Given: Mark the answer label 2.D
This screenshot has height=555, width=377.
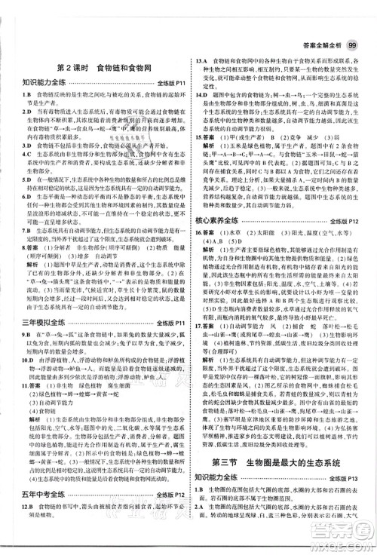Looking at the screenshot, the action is [x=14, y=112].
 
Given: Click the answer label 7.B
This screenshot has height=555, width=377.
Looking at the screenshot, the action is [x=14, y=227].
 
